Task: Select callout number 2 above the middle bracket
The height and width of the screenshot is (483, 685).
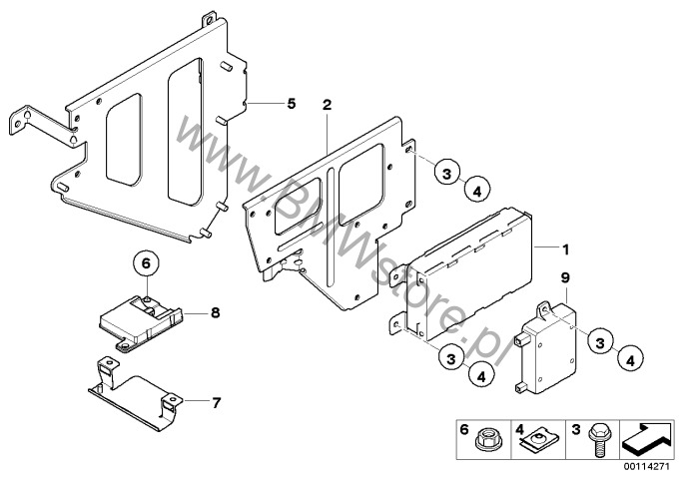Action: (327, 103)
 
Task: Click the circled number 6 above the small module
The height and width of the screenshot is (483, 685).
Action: (145, 263)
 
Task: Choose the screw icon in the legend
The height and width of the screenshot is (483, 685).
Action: (597, 438)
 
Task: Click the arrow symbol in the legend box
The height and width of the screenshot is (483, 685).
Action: (647, 435)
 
